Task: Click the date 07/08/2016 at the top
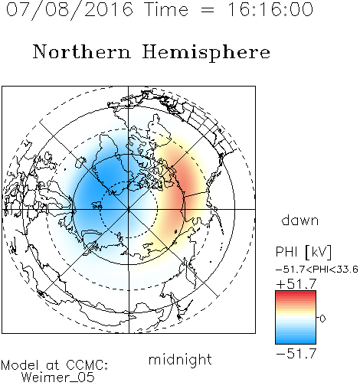pyautogui.click(x=70, y=10)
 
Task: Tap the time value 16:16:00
pyautogui.click(x=270, y=10)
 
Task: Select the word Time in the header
pyautogui.click(x=166, y=10)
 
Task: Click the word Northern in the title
pyautogui.click(x=82, y=51)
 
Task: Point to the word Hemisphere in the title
pyautogui.click(x=206, y=53)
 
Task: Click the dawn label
pyautogui.click(x=300, y=220)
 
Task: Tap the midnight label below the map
pyautogui.click(x=180, y=359)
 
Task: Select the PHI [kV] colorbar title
pyautogui.click(x=303, y=252)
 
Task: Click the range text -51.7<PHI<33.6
pyautogui.click(x=317, y=270)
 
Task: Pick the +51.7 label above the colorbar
pyautogui.click(x=296, y=284)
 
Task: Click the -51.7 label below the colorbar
pyautogui.click(x=296, y=353)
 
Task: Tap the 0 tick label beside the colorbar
pyautogui.click(x=322, y=319)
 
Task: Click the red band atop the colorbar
pyautogui.click(x=296, y=294)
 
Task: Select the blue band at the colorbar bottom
pyautogui.click(x=296, y=340)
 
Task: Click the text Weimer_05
pyautogui.click(x=58, y=378)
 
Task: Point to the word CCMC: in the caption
pyautogui.click(x=87, y=365)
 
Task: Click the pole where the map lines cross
pyautogui.click(x=129, y=209)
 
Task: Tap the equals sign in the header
pyautogui.click(x=208, y=10)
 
